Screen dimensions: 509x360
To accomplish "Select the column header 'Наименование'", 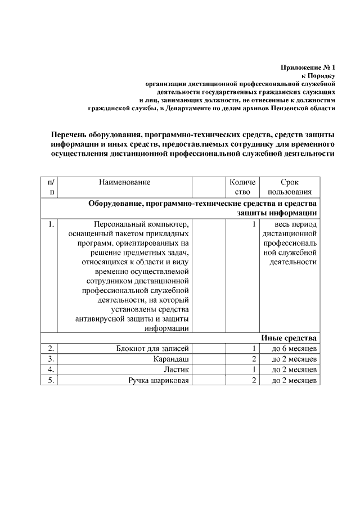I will click(125, 182).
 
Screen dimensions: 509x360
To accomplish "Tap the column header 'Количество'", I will click(242, 187).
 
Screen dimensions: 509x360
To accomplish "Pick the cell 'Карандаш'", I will click(172, 359).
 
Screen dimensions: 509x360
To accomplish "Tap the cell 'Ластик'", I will click(176, 370).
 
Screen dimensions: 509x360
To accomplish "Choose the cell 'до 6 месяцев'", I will click(294, 349).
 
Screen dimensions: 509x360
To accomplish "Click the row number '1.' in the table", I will click(51, 225).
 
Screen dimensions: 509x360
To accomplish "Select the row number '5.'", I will click(51, 381).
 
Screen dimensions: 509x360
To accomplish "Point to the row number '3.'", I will click(51, 359).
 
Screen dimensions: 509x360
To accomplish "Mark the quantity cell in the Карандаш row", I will click(254, 359).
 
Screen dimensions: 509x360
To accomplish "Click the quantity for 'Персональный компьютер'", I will click(254, 225).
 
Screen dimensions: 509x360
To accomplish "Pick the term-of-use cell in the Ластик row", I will click(294, 370).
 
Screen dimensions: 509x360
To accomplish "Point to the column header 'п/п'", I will click(51, 187).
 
